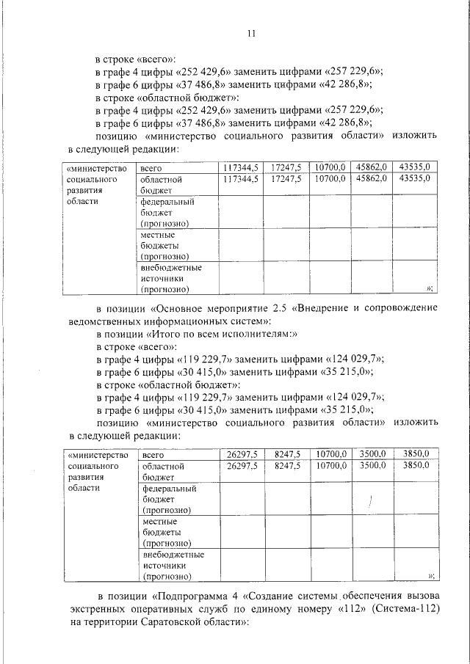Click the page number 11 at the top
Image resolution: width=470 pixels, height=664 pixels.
pyautogui.click(x=250, y=34)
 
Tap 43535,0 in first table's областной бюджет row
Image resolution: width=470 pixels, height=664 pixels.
pyautogui.click(x=418, y=178)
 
